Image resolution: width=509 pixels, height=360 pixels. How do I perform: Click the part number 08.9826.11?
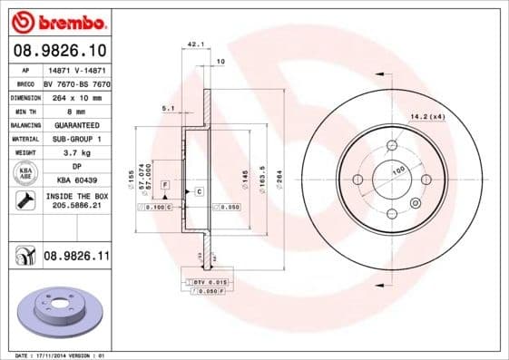click(x=76, y=258)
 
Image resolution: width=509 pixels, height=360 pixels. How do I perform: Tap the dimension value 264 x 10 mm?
click(x=76, y=95)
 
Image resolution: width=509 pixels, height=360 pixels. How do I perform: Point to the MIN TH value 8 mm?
click(x=76, y=110)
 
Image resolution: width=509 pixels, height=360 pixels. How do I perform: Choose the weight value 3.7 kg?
click(x=76, y=153)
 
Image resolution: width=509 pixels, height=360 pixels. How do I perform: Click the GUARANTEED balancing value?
click(x=76, y=124)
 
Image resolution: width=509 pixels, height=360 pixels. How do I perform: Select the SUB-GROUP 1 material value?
click(x=76, y=139)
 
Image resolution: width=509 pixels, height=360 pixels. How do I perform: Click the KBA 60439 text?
click(x=76, y=180)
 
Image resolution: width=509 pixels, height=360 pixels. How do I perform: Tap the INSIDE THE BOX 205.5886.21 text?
click(x=76, y=200)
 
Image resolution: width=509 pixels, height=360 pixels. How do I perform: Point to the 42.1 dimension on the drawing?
click(x=192, y=43)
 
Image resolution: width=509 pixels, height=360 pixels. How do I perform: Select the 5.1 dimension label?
click(x=168, y=108)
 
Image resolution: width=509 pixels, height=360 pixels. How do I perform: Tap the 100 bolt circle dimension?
click(x=396, y=170)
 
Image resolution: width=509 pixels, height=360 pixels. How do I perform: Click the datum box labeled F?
click(x=166, y=185)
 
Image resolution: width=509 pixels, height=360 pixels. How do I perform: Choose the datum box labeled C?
click(x=198, y=192)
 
